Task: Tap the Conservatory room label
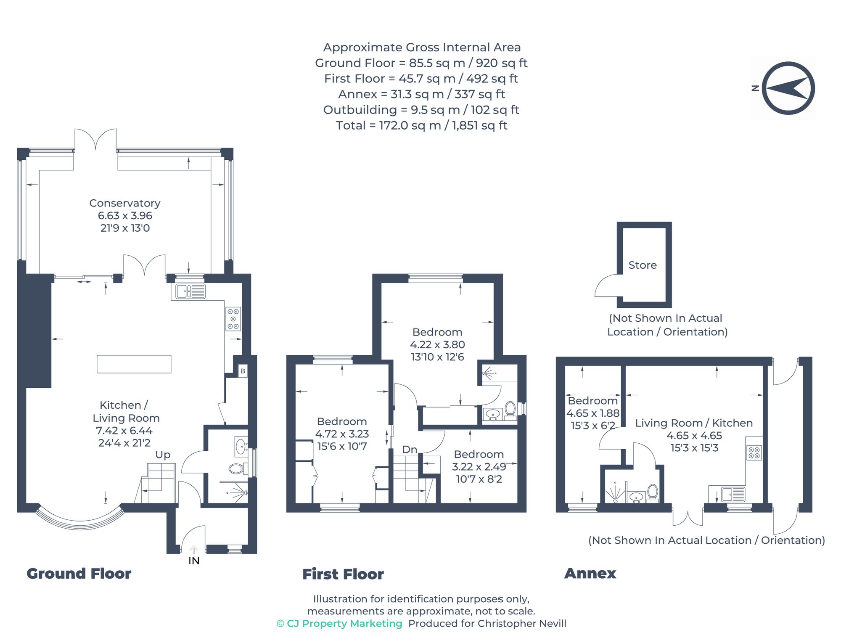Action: [x=125, y=204]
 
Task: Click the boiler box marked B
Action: [x=243, y=371]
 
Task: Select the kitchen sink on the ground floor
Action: [x=190, y=291]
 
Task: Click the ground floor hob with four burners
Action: [x=233, y=319]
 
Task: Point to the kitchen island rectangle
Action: [x=134, y=364]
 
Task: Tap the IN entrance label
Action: [x=194, y=561]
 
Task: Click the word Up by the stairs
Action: [x=163, y=455]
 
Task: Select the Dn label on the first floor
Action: [x=409, y=450]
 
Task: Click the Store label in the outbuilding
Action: [x=642, y=265]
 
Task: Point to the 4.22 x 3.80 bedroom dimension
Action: [x=437, y=345]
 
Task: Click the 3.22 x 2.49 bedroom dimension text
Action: [x=479, y=467]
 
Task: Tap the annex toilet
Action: [x=653, y=492]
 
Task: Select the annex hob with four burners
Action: [x=754, y=453]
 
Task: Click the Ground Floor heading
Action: [x=79, y=574]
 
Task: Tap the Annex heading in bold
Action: [x=590, y=573]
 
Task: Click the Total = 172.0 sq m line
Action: [x=421, y=125]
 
